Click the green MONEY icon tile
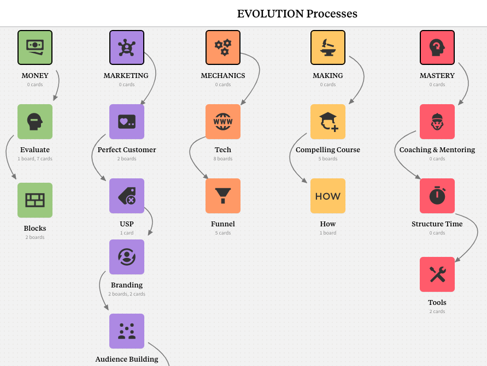coord(35,47)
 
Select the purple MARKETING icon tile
coord(127,47)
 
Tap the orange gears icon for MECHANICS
coord(223,47)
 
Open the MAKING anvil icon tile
coord(328,47)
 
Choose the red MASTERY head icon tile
coord(437,47)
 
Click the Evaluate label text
coord(35,149)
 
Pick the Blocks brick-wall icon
coord(35,200)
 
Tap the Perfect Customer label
coord(127,149)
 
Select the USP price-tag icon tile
coord(127,196)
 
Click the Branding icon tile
coord(127,257)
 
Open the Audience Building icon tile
coord(127,331)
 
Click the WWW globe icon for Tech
coord(223,122)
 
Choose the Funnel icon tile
coord(223,196)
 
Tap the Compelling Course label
coord(328,149)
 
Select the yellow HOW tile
coord(328,196)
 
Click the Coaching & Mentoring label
coord(437,149)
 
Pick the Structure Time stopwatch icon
coord(437,196)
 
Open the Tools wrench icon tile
coord(437,274)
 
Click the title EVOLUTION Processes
coord(297,14)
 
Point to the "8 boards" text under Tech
coord(223,159)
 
